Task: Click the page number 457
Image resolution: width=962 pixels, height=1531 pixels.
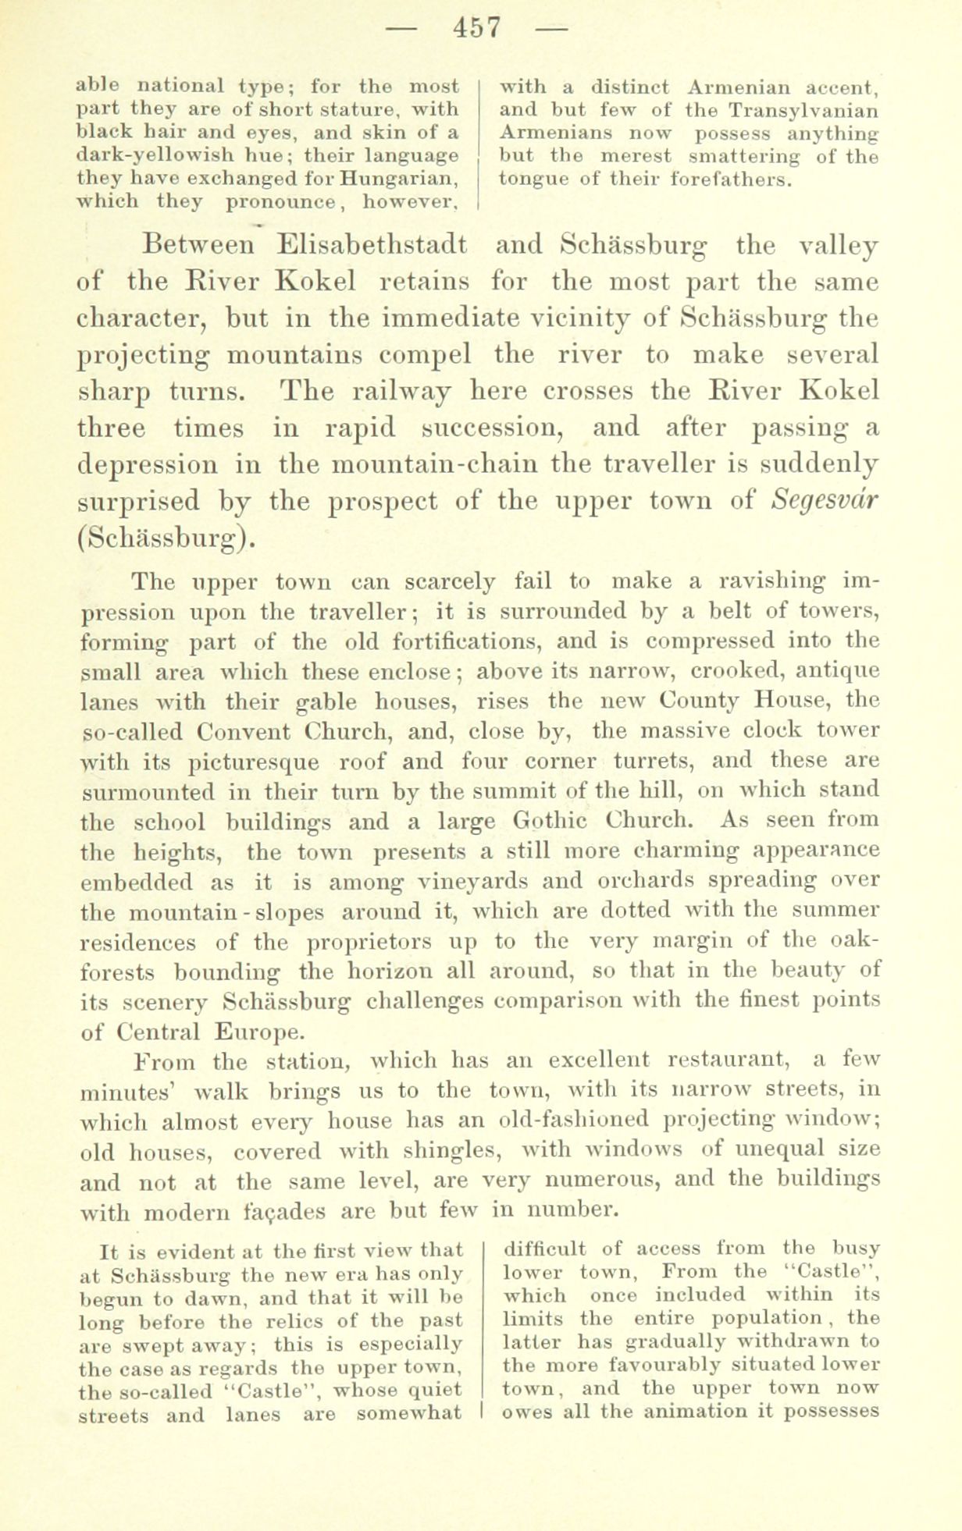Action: click(x=478, y=28)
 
